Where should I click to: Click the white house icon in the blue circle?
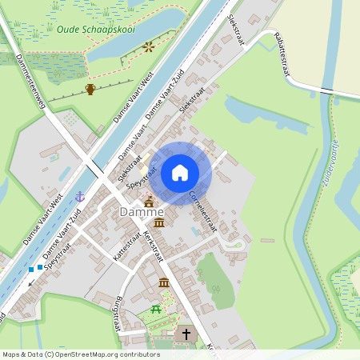coord(180,172)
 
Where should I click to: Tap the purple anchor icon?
coord(80,195)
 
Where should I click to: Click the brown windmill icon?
coord(148,47)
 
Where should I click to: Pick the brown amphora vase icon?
coord(90,89)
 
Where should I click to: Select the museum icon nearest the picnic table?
coord(164,282)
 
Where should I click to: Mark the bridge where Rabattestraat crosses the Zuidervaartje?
coord(330,94)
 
